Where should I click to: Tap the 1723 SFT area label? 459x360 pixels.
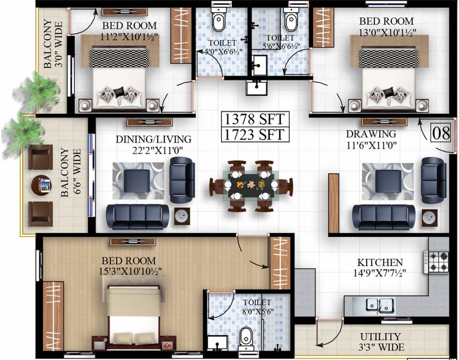(x=254, y=134)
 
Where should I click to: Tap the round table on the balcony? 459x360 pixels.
(x=41, y=186)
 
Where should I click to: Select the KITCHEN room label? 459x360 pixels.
(x=379, y=262)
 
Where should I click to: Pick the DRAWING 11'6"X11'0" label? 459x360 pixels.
(x=371, y=139)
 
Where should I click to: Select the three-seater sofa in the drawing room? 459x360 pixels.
(x=384, y=217)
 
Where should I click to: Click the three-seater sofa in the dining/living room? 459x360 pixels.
(x=138, y=217)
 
